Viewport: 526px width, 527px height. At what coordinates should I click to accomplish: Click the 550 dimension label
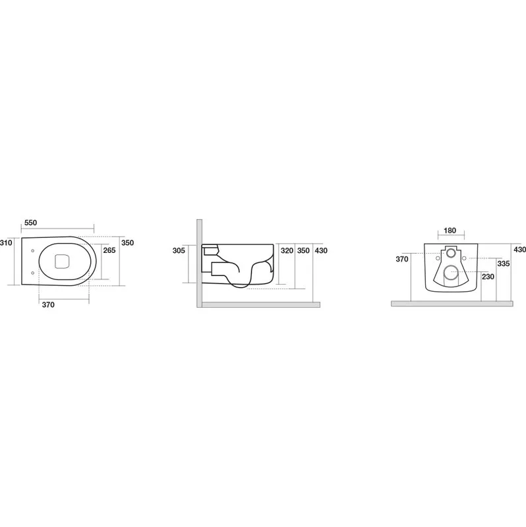pyautogui.click(x=30, y=223)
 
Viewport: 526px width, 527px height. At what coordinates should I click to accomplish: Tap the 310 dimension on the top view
pyautogui.click(x=6, y=242)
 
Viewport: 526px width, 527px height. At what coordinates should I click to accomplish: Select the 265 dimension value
pyautogui.click(x=109, y=250)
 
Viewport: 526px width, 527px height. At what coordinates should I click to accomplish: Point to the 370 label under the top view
pyautogui.click(x=48, y=305)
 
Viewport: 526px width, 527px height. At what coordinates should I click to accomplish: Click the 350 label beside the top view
pyautogui.click(x=127, y=242)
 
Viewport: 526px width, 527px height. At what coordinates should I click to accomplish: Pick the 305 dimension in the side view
pyautogui.click(x=179, y=250)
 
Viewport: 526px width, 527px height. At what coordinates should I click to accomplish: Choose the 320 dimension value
pyautogui.click(x=287, y=250)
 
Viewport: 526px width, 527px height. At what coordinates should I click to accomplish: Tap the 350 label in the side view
pyautogui.click(x=303, y=250)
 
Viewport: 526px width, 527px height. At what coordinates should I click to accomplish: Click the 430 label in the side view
pyautogui.click(x=321, y=250)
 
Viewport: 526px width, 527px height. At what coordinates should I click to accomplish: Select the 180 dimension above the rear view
pyautogui.click(x=450, y=231)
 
